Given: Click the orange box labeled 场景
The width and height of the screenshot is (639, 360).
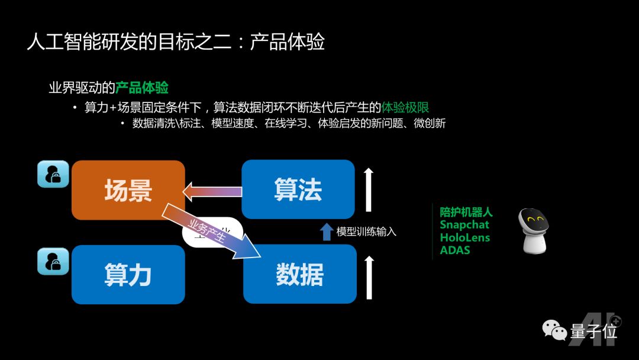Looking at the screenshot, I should point(128,190).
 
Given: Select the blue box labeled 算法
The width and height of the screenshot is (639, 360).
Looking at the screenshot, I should point(298,189).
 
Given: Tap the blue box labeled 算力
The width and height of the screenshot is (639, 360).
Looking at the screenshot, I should point(128,275).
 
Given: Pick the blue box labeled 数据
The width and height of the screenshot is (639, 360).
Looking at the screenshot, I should point(299,275).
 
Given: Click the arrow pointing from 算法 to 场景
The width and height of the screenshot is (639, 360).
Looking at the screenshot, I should point(213,191).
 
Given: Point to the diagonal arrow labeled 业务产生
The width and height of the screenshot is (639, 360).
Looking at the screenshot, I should point(213,231).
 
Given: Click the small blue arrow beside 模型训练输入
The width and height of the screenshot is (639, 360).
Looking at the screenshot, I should point(327,231).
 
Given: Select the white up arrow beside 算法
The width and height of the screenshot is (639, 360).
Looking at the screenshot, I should point(369,189).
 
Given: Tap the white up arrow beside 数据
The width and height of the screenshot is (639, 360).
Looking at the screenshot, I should point(369,277).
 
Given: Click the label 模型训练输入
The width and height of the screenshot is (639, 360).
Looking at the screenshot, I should point(366,232).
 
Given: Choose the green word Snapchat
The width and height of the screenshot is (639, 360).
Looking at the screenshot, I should point(464,224).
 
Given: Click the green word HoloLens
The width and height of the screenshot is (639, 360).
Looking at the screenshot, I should point(465,237).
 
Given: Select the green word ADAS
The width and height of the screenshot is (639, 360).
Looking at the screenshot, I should point(455,250).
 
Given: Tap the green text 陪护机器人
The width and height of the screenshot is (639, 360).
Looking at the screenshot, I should point(466,212).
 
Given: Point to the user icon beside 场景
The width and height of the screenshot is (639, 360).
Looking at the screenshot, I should point(53,174).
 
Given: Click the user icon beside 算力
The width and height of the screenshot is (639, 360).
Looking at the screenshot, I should point(53,261).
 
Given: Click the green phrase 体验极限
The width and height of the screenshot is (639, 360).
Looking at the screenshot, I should point(405,107).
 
